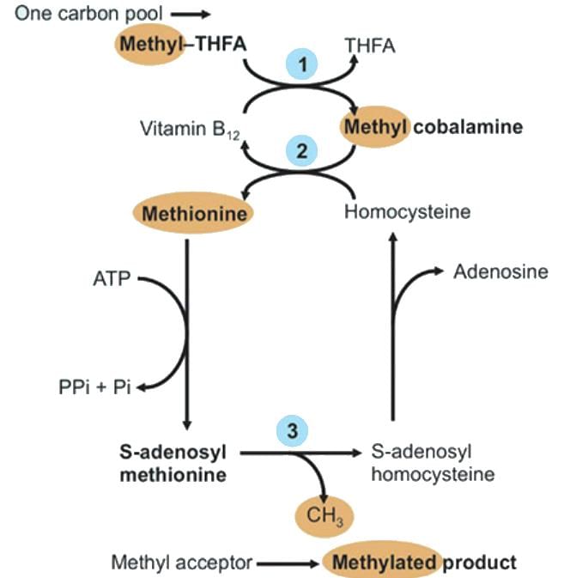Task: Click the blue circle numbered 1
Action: (x=301, y=64)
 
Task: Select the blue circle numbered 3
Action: (x=293, y=429)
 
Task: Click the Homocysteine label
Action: (x=407, y=212)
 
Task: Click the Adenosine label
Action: (x=500, y=272)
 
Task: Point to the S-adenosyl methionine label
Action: (x=172, y=461)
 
